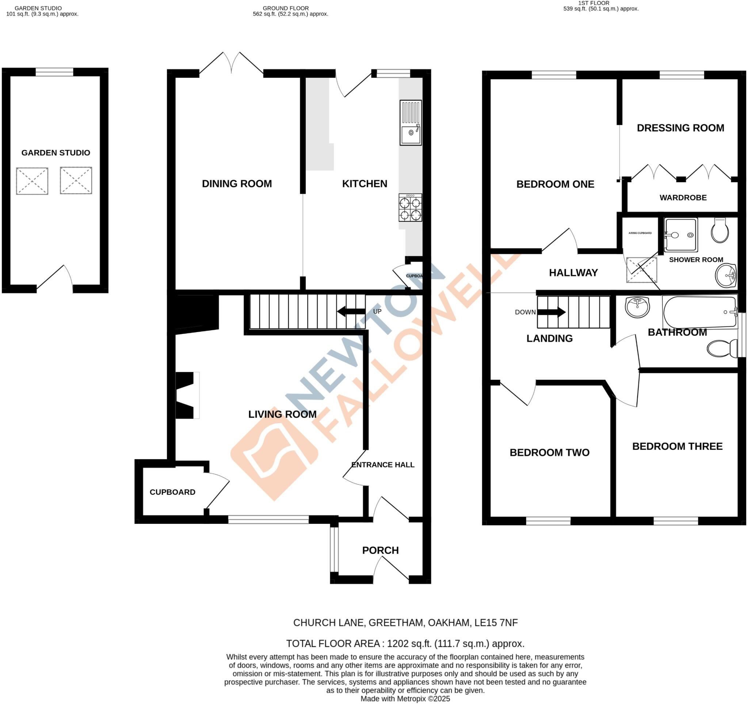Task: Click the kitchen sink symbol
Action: (x=411, y=123)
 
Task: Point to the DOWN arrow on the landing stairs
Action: (x=551, y=312)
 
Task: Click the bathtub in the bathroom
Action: (x=700, y=312)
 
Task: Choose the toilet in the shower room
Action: (x=720, y=230)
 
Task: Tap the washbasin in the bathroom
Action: (x=637, y=307)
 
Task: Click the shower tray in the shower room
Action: (x=681, y=235)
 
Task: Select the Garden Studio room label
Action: (x=56, y=153)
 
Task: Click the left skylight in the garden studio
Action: (x=32, y=181)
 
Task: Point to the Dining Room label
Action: (x=237, y=184)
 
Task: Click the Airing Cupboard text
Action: (x=640, y=233)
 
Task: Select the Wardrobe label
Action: (x=683, y=198)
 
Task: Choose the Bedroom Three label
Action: (x=677, y=446)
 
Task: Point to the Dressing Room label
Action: (x=680, y=128)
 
